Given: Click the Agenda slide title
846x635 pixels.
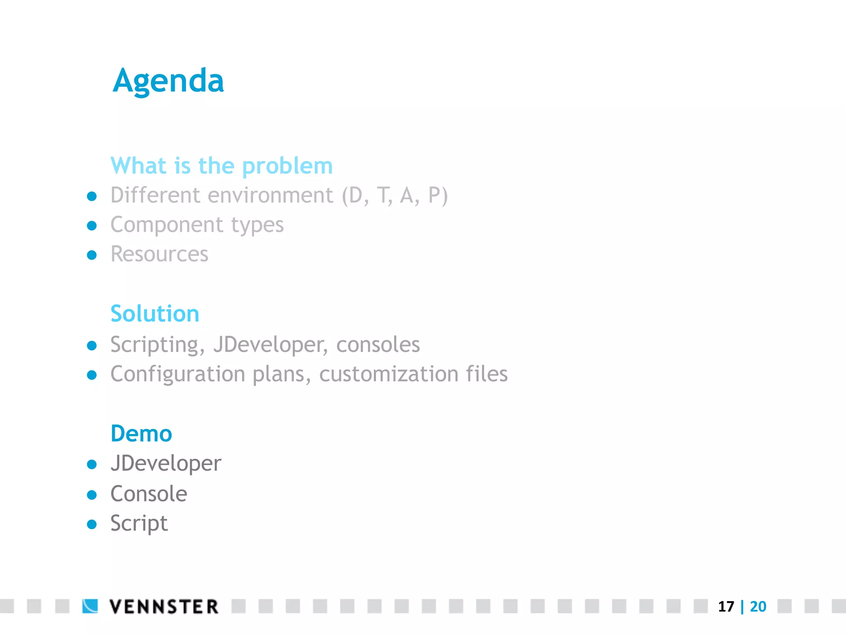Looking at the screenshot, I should point(168,81).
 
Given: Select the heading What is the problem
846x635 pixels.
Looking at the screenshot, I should point(221,166).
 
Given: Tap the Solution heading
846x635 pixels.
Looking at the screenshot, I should point(155,313).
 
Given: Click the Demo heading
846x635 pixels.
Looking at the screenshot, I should point(141,434).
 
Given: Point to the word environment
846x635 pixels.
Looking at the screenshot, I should point(270,195).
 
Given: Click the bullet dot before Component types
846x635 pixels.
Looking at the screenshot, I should point(92,226).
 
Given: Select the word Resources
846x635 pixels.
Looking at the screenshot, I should point(159,254).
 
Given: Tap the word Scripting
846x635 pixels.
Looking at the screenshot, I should point(157,345).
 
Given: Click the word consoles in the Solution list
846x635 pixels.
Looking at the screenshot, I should point(378,345).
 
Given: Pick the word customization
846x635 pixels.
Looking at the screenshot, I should point(388,374).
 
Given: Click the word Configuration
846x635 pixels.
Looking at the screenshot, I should point(178,374).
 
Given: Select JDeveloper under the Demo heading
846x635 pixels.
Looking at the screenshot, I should point(166,463).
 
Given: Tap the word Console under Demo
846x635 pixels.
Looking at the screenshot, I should point(149,494).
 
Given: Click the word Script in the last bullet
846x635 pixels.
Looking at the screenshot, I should point(139,524).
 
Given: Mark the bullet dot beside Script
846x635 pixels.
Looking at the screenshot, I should point(92,525).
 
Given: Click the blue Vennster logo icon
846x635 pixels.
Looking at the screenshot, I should point(90,606).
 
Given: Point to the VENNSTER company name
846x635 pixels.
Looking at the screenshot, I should point(164,606).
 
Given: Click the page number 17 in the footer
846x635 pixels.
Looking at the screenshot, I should point(726,606).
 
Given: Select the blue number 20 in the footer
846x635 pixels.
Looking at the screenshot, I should point(758,606).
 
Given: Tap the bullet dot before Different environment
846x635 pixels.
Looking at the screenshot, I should point(92,196).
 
